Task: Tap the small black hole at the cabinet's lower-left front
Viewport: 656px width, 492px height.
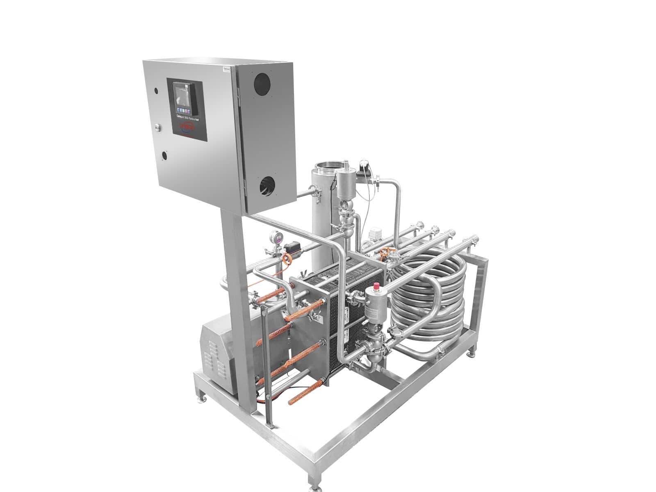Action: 164,155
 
